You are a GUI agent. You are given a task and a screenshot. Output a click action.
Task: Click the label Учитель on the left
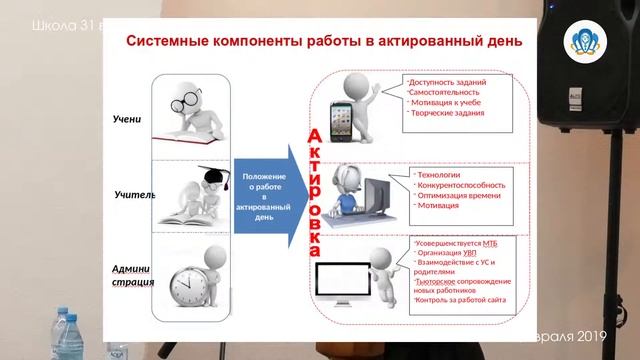click(x=133, y=194)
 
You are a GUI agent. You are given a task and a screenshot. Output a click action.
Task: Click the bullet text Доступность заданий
click(x=447, y=82)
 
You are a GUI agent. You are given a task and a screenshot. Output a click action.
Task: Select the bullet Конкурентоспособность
click(x=460, y=185)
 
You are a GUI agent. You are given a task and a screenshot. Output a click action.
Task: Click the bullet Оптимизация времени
click(x=456, y=195)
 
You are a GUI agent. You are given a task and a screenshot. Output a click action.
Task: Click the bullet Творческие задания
click(x=447, y=112)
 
